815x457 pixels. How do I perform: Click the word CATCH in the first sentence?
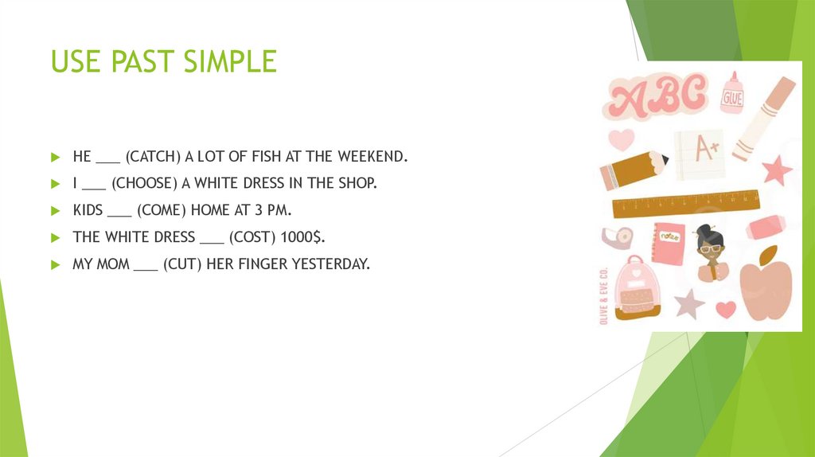[x=149, y=157]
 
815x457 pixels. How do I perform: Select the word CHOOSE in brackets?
[x=142, y=183]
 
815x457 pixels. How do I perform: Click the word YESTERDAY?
[x=336, y=264]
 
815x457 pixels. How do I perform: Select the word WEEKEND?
[x=372, y=157]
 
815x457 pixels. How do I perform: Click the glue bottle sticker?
[x=731, y=94]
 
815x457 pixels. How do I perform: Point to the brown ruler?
[x=685, y=203]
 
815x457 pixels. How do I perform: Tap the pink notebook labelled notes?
[x=669, y=242]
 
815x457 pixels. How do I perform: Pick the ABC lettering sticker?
[x=658, y=97]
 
